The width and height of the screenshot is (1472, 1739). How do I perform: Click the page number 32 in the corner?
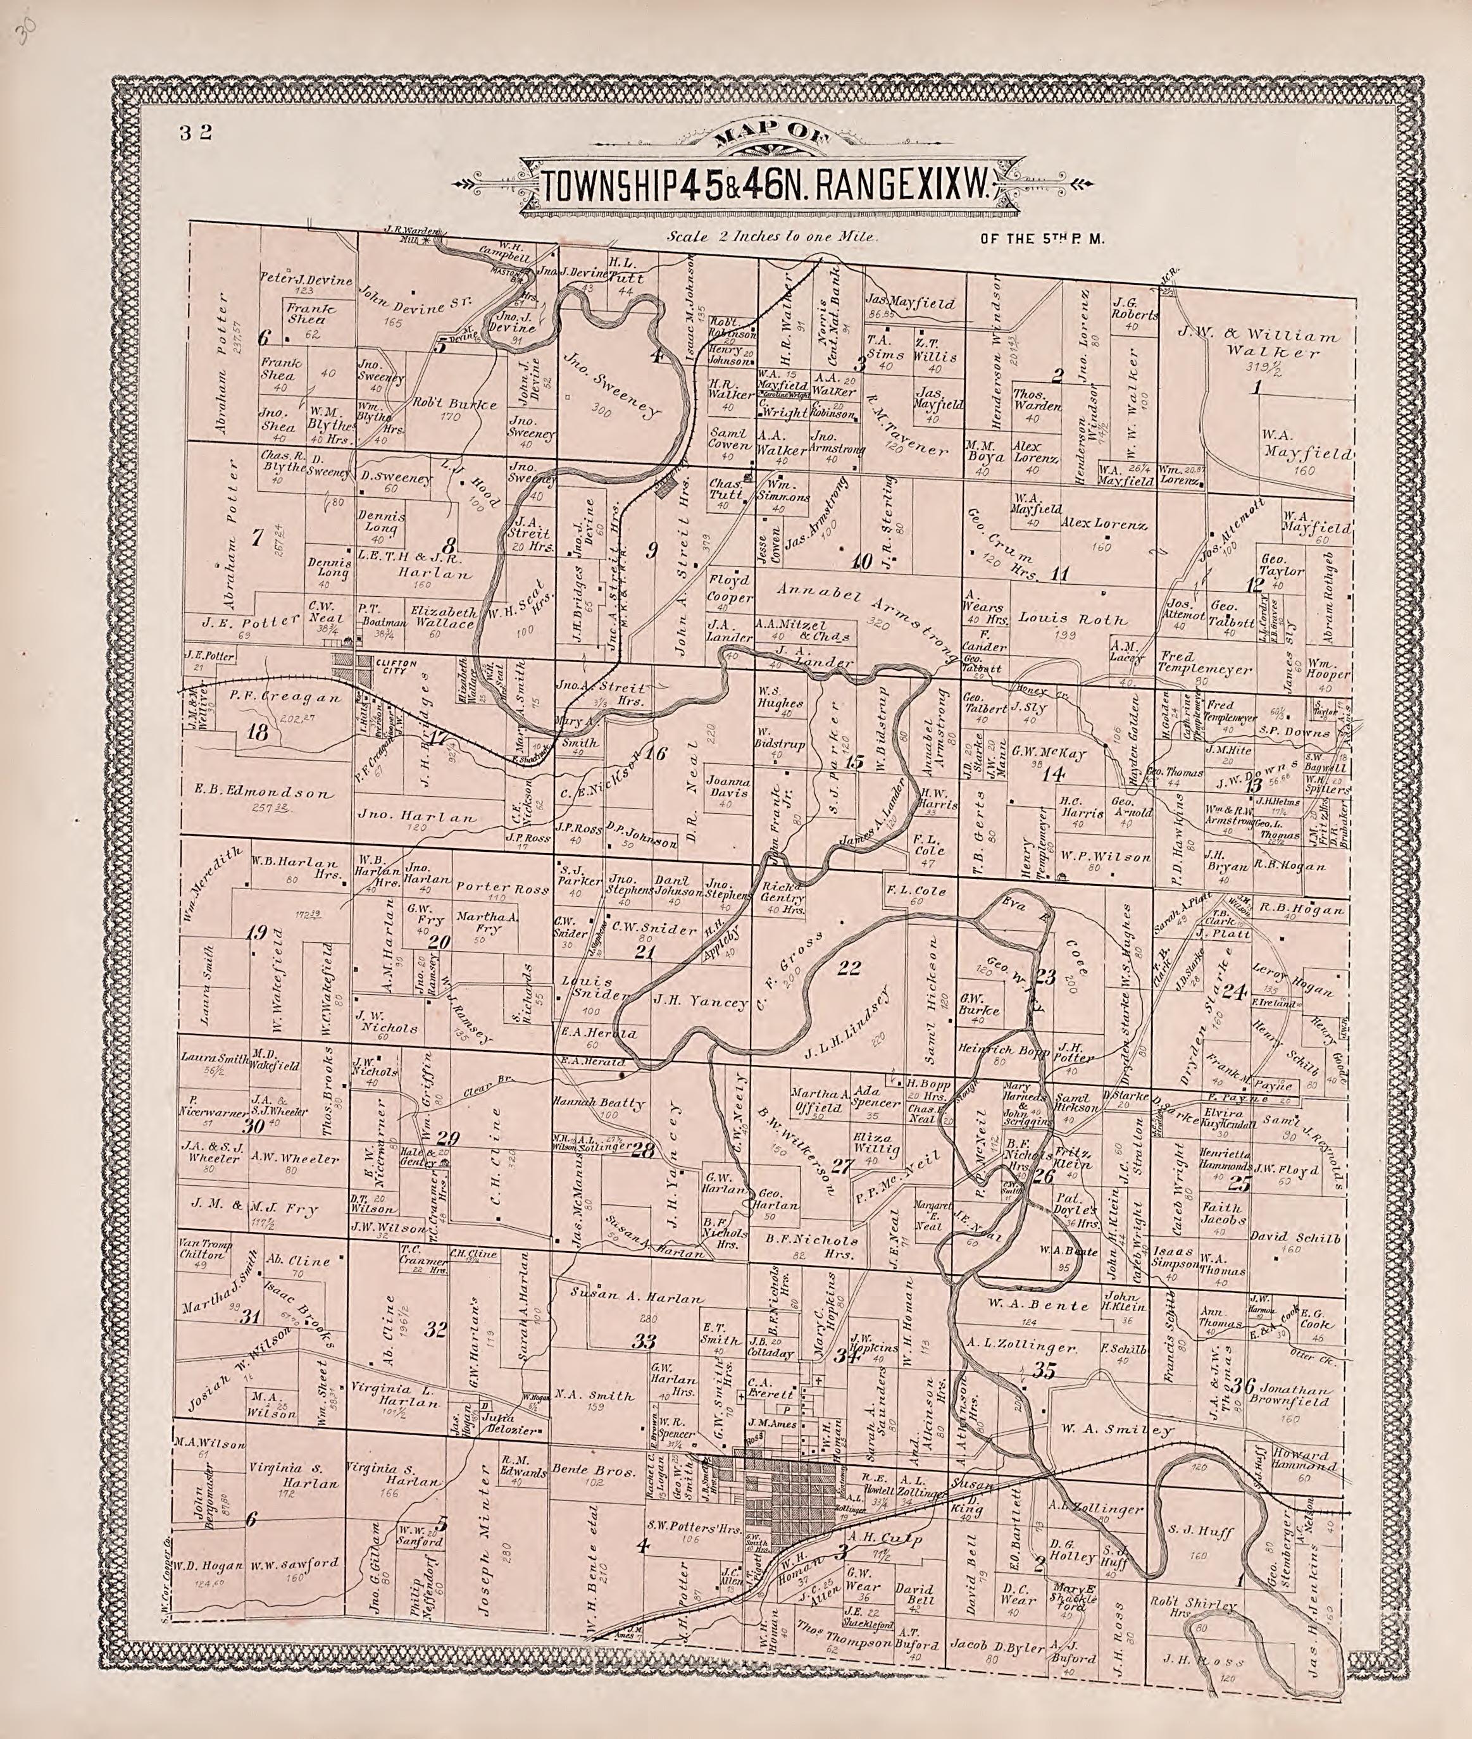pos(196,132)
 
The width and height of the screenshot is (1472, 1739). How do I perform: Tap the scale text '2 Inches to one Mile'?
pos(772,237)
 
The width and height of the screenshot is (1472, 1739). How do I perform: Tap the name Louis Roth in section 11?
pos(1071,620)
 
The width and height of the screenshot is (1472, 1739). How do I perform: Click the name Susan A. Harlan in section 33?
pos(637,1299)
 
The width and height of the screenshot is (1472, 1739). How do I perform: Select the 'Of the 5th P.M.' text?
pos(1042,239)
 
